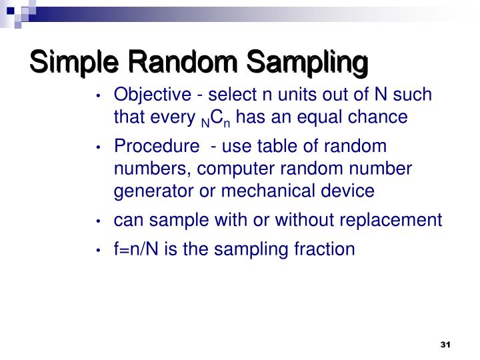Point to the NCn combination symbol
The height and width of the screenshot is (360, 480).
click(218, 119)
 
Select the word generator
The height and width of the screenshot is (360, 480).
click(150, 191)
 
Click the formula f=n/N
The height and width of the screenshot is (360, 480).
click(135, 249)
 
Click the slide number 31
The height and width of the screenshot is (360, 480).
click(446, 345)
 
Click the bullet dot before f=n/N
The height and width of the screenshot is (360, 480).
click(99, 251)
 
